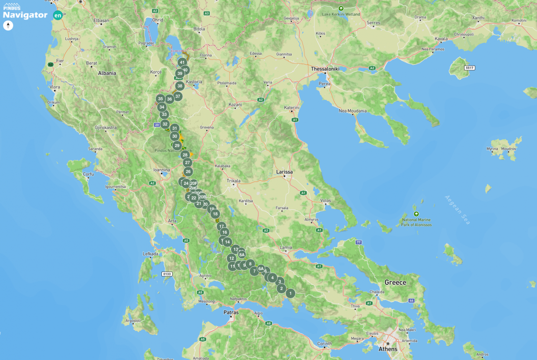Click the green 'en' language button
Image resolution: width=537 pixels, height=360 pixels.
(x=58, y=15)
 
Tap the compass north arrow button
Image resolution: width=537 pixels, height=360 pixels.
(x=8, y=25)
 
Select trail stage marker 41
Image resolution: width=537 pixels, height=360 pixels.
(x=182, y=62)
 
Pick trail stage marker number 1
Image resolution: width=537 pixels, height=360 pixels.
(x=290, y=293)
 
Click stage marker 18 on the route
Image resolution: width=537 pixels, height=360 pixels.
(x=215, y=214)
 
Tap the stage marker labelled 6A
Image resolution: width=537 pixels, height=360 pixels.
(x=261, y=269)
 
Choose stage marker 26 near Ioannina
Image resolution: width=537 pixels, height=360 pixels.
(x=188, y=172)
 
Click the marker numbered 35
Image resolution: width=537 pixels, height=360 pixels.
(x=160, y=99)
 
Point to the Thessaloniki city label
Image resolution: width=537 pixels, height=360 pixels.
(x=325, y=69)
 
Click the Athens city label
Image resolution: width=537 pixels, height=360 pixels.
(x=388, y=349)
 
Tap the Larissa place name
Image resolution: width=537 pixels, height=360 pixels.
(x=284, y=172)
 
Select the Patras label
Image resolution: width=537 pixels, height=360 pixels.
(x=231, y=312)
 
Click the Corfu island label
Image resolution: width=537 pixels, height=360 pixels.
(x=88, y=174)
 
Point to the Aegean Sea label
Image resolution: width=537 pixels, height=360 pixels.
(x=457, y=210)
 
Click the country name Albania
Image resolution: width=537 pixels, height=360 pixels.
(x=107, y=73)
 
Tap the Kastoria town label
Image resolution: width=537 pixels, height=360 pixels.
(x=194, y=82)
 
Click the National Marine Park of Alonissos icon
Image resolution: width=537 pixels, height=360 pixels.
(x=416, y=214)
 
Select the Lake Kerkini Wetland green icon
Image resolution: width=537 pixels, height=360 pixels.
(x=341, y=8)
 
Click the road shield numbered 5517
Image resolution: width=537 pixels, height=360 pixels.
(x=469, y=68)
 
